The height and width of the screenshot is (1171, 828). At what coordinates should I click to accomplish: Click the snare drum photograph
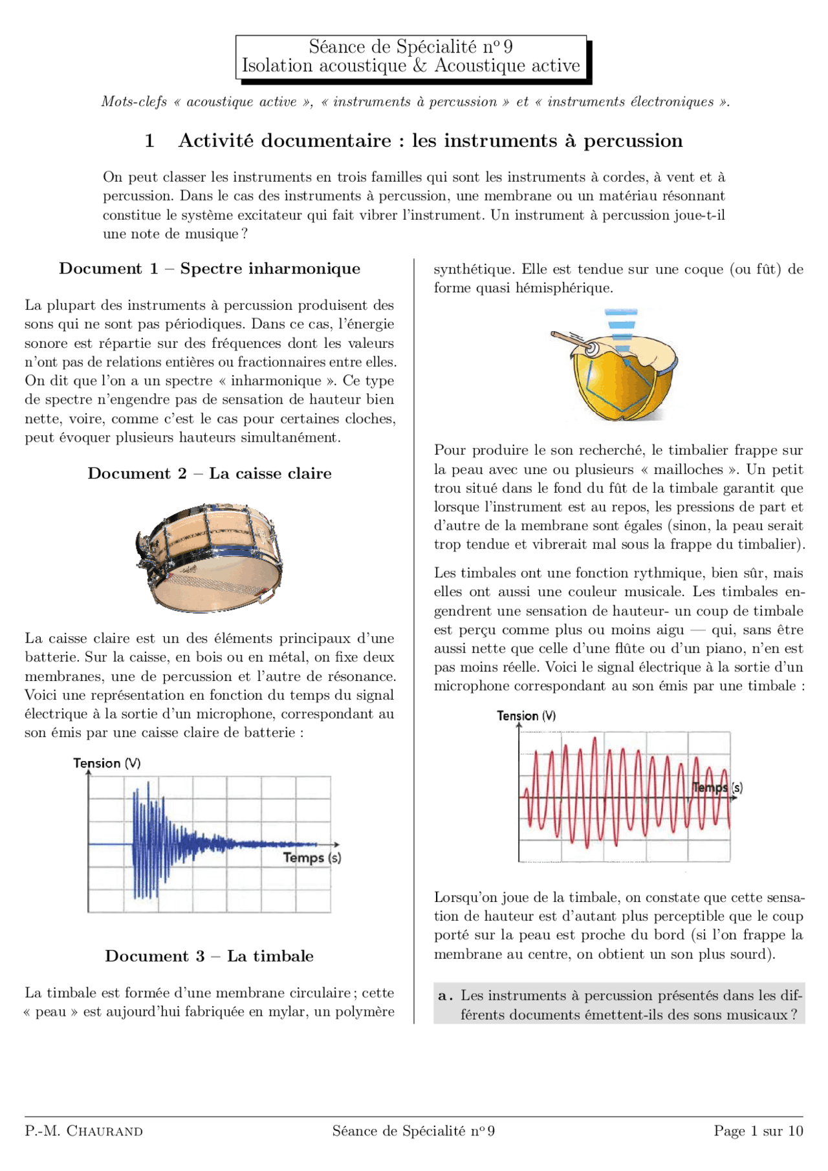[x=208, y=557]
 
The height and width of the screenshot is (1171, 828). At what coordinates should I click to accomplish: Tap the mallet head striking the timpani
[x=591, y=348]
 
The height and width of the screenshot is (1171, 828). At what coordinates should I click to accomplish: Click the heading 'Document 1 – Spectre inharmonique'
[x=210, y=268]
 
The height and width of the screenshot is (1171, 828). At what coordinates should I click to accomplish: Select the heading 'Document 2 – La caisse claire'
[x=210, y=473]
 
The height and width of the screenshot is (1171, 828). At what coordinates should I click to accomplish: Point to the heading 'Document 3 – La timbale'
[x=210, y=956]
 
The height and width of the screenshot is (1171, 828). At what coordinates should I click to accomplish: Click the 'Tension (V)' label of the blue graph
[x=107, y=763]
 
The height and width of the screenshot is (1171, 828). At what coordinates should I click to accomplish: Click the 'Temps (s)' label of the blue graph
[x=312, y=858]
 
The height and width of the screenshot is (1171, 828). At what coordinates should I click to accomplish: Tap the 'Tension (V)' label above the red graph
[x=526, y=716]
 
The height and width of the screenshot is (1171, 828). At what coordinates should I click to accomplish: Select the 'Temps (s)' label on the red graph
[x=717, y=788]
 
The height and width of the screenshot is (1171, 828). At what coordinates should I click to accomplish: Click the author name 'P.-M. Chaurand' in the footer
[x=83, y=1131]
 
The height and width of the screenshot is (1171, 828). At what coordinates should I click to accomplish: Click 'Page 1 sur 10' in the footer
[x=758, y=1131]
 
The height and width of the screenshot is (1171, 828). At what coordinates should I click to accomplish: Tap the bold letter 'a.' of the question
[x=445, y=996]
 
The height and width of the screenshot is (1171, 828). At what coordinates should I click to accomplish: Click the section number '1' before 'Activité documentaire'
[x=149, y=140]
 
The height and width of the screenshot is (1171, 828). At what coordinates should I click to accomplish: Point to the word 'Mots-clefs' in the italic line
[x=133, y=102]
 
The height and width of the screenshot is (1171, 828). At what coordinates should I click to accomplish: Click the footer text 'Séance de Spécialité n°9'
[x=413, y=1131]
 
